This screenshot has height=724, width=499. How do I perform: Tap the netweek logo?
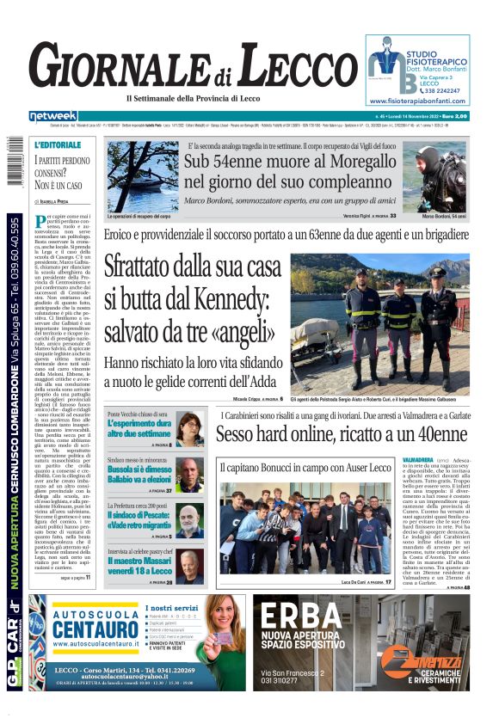tap(53, 116)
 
